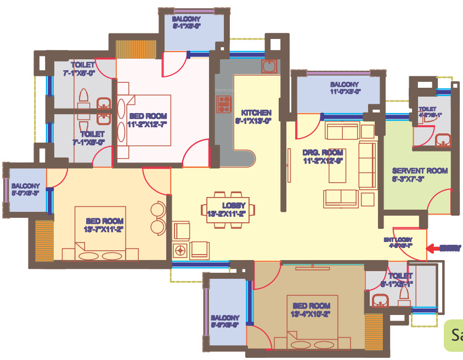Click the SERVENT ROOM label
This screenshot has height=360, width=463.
(420, 175)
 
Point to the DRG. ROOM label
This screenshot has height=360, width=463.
(323, 156)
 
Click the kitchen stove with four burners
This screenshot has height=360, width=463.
(224, 103)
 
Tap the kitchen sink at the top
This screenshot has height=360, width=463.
(269, 66)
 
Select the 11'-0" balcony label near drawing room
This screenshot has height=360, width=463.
(345, 88)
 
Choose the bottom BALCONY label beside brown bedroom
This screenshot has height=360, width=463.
(225, 321)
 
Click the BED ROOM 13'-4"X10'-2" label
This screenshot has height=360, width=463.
(311, 309)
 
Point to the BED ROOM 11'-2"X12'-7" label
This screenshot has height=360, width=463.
(146, 120)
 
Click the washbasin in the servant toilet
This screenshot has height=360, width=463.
(443, 142)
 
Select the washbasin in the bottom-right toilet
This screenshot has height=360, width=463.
(379, 301)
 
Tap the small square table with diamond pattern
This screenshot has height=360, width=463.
(180, 250)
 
